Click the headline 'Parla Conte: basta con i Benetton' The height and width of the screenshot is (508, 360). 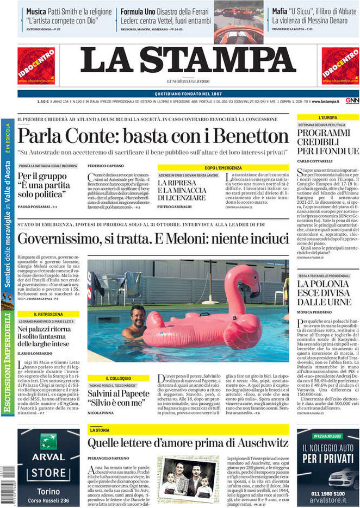pyautogui.click(x=153, y=136)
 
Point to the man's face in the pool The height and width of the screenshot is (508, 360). pyautogui.click(x=137, y=316)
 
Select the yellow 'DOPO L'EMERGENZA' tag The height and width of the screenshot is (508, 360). pyautogui.click(x=224, y=168)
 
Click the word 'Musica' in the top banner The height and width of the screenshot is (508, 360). pyautogui.click(x=36, y=11)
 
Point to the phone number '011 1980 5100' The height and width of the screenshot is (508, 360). pyautogui.click(x=327, y=486)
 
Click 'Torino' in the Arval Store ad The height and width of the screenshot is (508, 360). pyautogui.click(x=48, y=490)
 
